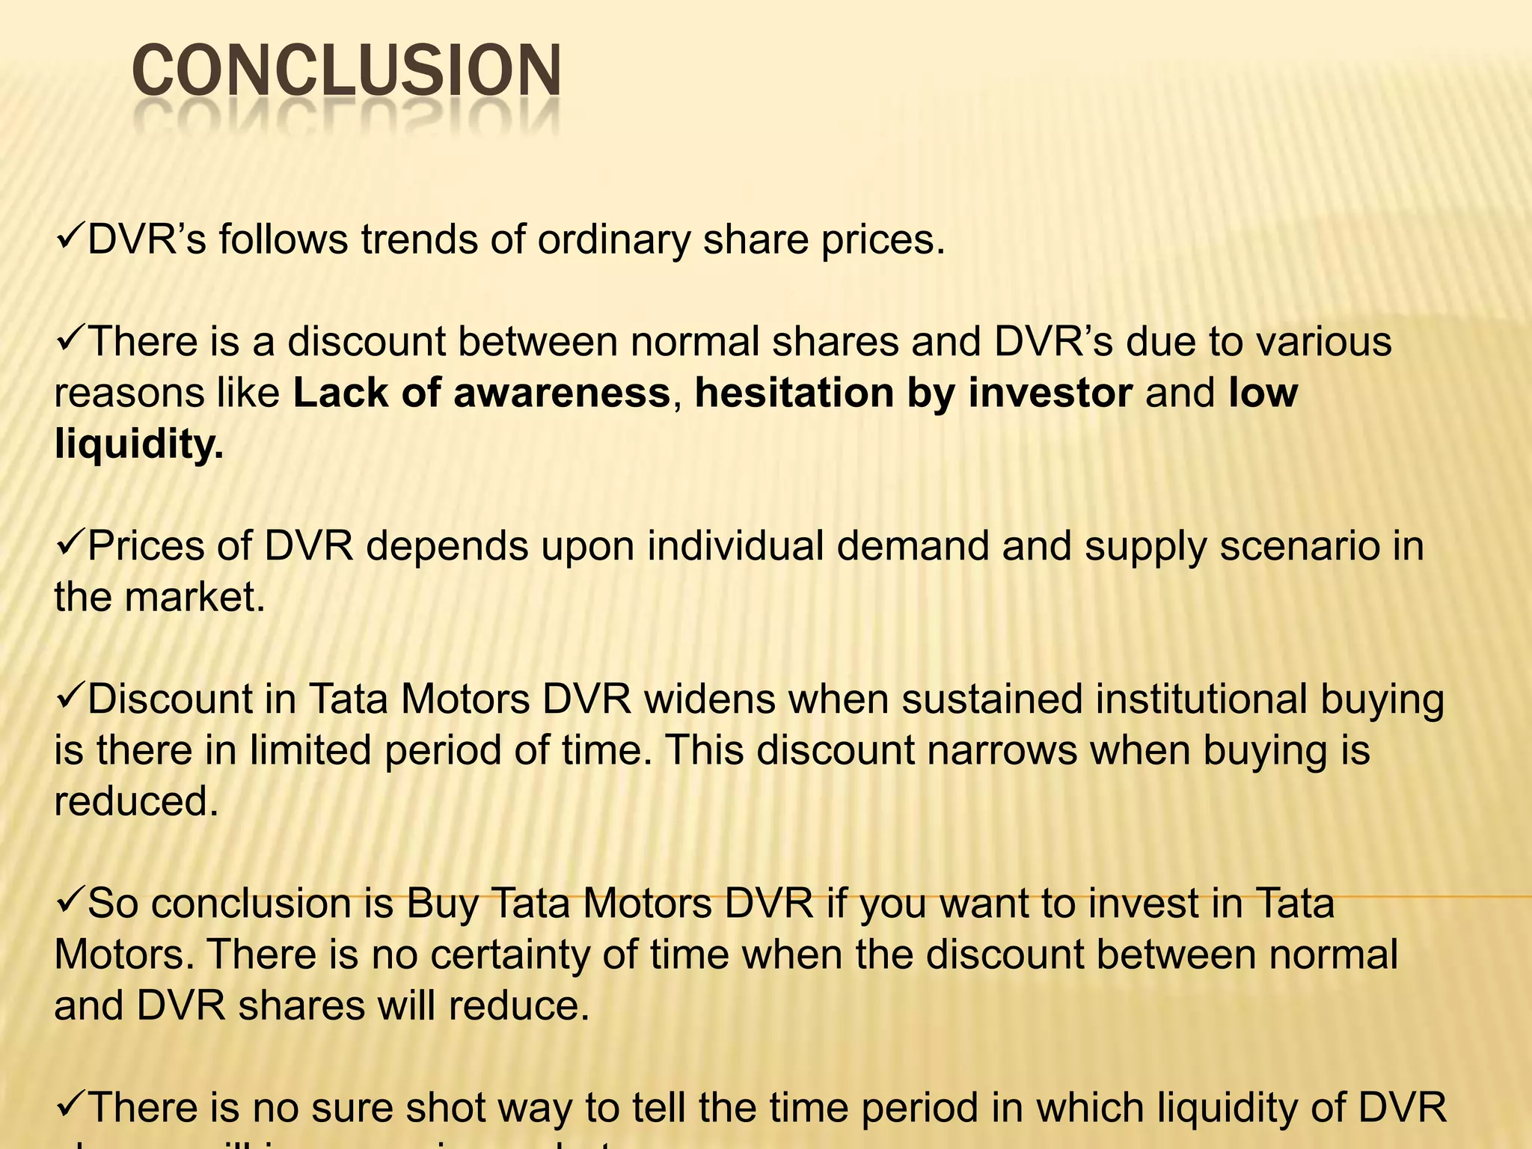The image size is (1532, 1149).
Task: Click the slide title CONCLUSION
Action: click(346, 73)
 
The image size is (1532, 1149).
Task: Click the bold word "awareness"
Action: click(561, 393)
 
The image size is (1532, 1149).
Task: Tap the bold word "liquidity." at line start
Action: click(139, 444)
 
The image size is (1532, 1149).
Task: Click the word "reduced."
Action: click(136, 801)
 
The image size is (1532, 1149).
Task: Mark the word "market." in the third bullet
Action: click(194, 597)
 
